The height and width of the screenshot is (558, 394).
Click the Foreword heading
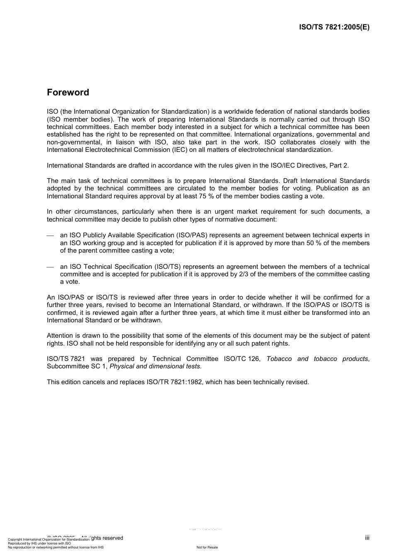68,93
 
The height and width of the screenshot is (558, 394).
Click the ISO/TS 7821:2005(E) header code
334,27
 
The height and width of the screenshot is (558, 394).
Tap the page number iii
367,538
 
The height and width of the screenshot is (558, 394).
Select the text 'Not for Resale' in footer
207,547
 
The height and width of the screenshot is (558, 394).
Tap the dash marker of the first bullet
51,236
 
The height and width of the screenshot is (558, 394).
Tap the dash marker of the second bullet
51,267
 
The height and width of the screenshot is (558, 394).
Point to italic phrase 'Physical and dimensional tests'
155,366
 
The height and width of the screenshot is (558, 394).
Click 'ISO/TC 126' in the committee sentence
242,359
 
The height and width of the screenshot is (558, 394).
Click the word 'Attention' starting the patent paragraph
60,336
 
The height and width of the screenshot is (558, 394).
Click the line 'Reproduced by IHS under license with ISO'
39,543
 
